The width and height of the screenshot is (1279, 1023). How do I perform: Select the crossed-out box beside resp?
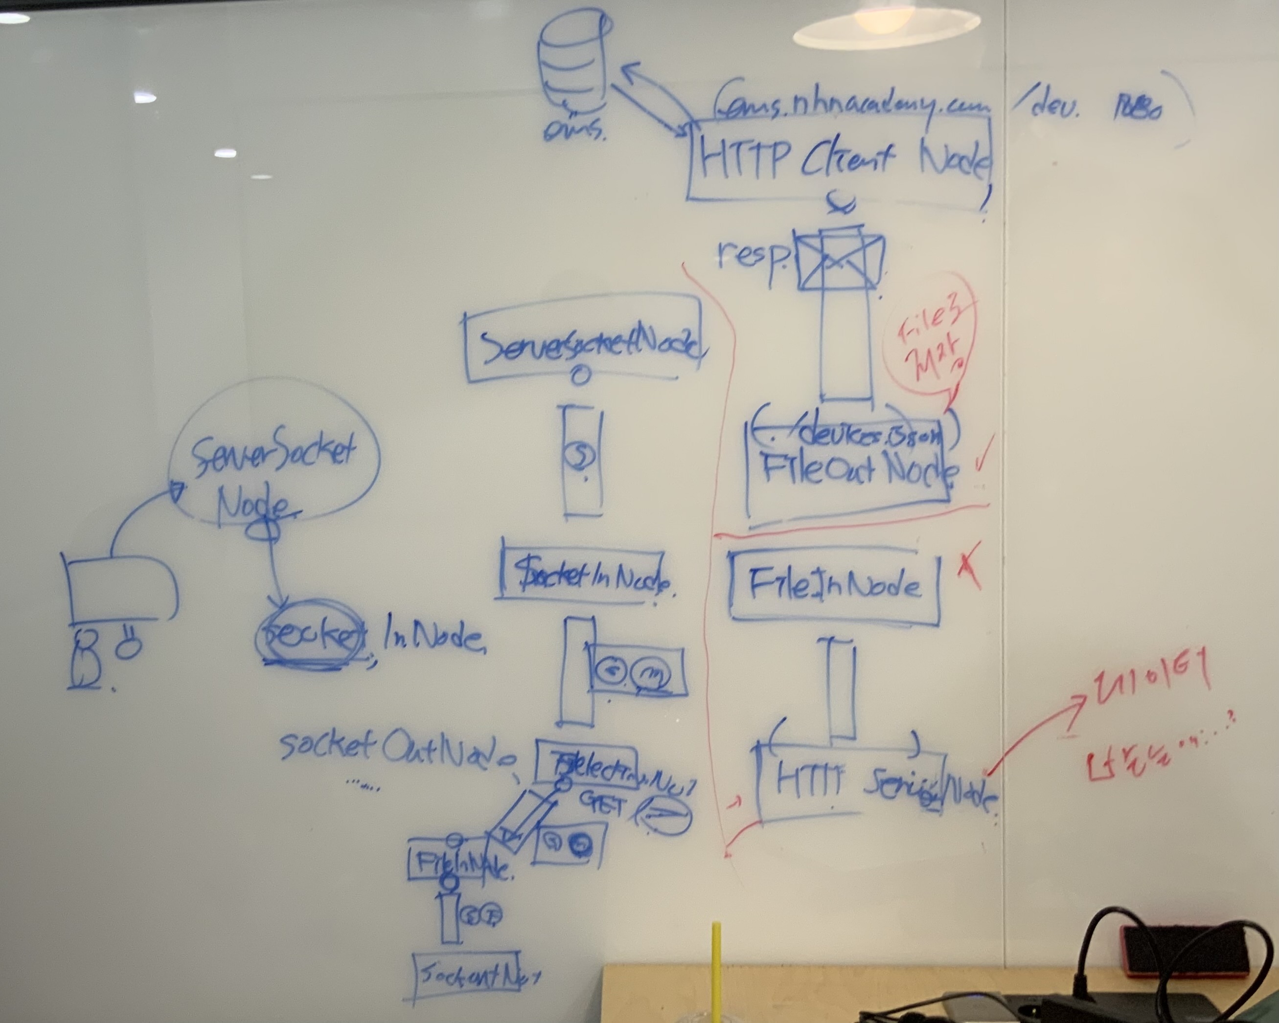coord(839,261)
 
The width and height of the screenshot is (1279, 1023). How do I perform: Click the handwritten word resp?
coord(752,255)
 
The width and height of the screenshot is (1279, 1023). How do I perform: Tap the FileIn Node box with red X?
coord(833,585)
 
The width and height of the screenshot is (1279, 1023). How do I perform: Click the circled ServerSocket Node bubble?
coord(273,454)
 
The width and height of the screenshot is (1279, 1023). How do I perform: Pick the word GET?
coord(602,805)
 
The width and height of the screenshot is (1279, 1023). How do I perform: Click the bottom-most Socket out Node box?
coord(469,976)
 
